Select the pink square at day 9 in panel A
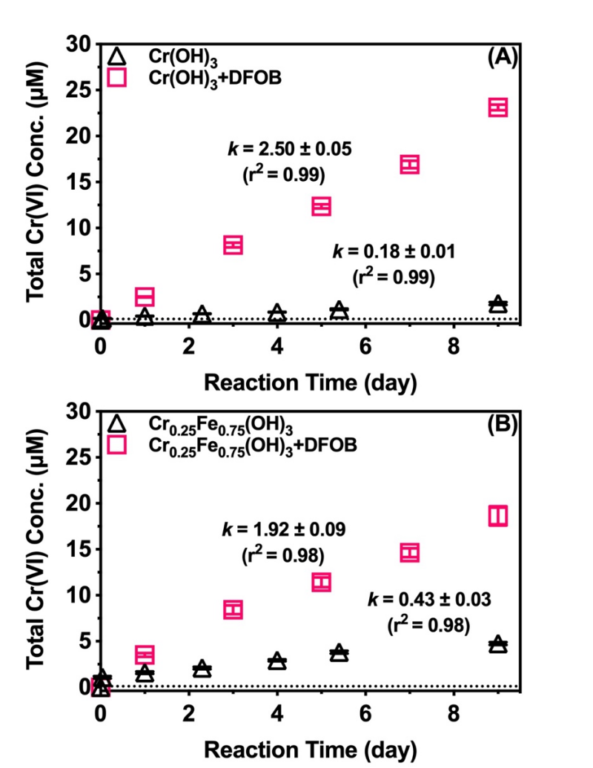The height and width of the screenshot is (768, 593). click(497, 107)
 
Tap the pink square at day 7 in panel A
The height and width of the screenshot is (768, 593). click(409, 165)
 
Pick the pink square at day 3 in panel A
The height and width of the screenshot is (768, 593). click(233, 245)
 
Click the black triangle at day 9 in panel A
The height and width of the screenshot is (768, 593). click(497, 305)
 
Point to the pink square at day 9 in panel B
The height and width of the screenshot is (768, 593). click(497, 515)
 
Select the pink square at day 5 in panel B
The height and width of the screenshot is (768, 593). click(321, 582)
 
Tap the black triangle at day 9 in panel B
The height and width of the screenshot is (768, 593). click(497, 644)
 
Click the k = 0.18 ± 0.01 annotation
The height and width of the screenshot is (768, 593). click(393, 250)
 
